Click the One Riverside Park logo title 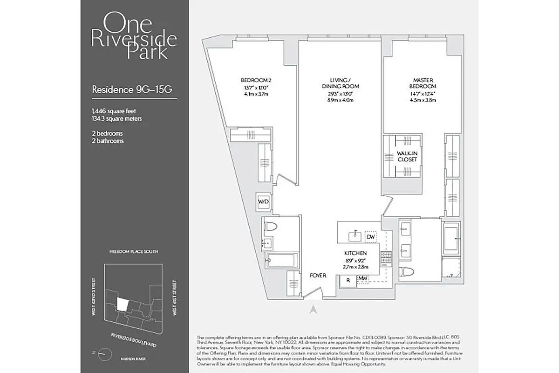point(134,36)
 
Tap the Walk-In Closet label point(407,156)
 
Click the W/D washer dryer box point(264,202)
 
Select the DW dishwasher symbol point(371,237)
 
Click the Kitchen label point(353,252)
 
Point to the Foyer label point(318,276)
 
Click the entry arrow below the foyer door point(314,309)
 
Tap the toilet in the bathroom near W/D point(270,227)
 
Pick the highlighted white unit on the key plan point(122,304)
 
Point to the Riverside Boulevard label point(133,339)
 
